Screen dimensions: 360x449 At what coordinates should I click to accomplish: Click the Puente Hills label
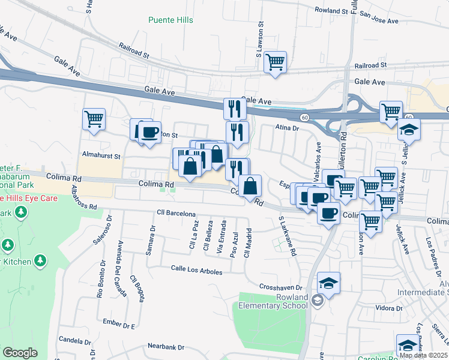coord(171,20)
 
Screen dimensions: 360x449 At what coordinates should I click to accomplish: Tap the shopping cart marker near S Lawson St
coord(275,62)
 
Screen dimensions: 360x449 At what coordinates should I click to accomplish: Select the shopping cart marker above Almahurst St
coord(94,119)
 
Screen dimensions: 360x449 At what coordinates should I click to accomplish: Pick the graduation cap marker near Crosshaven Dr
coord(328,283)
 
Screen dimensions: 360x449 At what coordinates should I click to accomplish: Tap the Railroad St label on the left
coord(134,50)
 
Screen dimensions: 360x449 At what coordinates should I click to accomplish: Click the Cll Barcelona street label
coord(176,214)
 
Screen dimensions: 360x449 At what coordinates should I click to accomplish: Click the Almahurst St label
coord(101,155)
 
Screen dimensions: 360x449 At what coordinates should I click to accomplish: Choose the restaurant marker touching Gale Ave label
coord(235,109)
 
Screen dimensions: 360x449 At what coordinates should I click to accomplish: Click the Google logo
coord(20,353)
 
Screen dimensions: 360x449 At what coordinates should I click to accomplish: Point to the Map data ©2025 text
coord(424,355)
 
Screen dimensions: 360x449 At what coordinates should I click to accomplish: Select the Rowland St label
coord(331,11)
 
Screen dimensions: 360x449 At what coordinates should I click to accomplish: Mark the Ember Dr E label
coord(119,322)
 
